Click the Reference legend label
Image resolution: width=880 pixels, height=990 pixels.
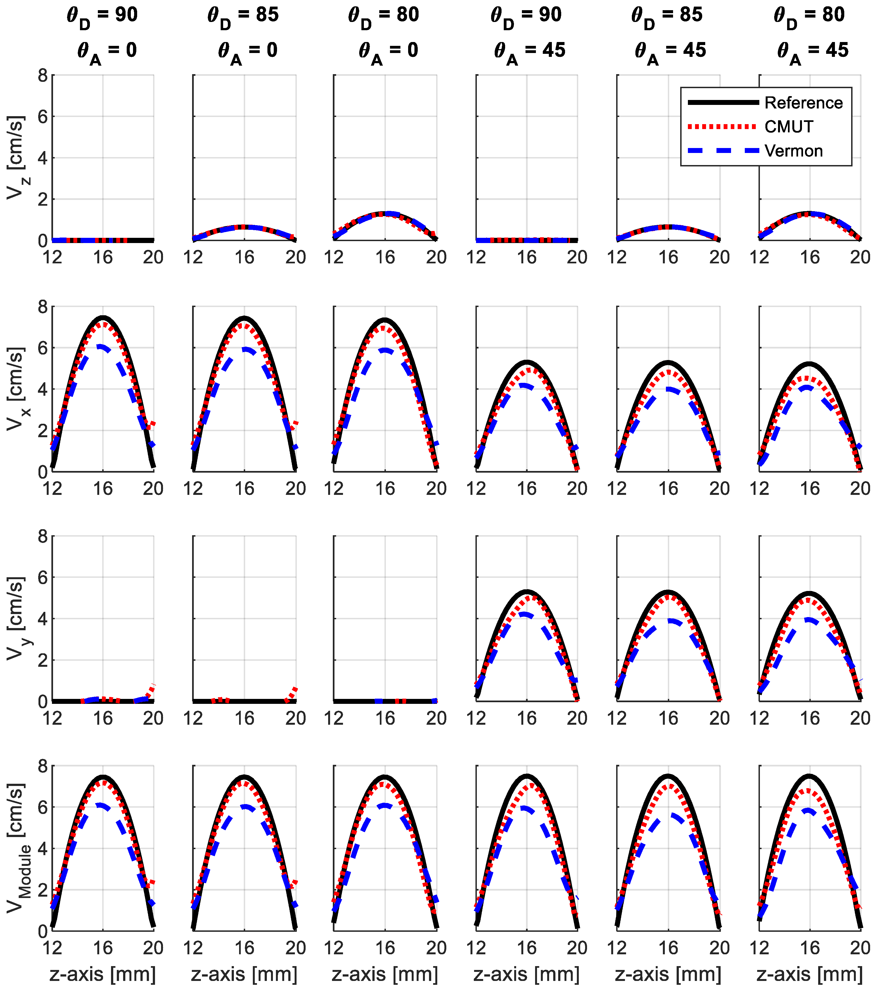(803, 103)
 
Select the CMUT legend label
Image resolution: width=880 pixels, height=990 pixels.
(788, 127)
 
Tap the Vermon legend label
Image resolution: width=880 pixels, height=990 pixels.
(793, 151)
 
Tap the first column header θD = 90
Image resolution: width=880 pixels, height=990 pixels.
(102, 15)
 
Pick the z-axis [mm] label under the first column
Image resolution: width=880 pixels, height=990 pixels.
(102, 974)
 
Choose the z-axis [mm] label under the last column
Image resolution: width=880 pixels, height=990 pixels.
(810, 974)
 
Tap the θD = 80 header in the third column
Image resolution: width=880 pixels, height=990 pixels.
(384, 15)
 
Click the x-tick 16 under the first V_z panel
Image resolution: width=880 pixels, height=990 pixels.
(103, 258)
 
